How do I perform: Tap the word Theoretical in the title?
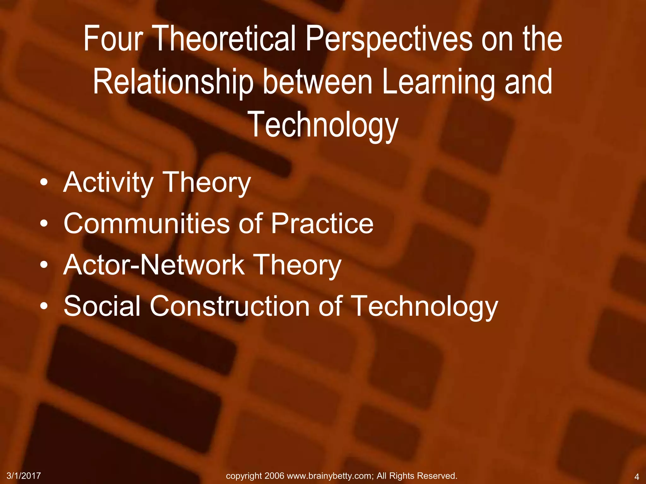[x=226, y=39]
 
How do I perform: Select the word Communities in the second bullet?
[x=147, y=223]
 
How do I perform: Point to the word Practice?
[x=322, y=223]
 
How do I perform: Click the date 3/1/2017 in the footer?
[x=24, y=476]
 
